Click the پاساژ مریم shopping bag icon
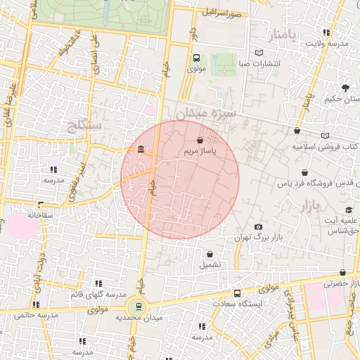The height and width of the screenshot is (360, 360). pos(200,140)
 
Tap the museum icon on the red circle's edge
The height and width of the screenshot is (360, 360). pos(141,150)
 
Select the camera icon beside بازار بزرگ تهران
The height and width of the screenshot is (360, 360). pos(258,226)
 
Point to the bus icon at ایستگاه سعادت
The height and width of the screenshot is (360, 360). pos(237,293)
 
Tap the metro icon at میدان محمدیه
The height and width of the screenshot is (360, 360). pos(139,307)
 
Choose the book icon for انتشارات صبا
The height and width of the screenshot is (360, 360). pos(259,53)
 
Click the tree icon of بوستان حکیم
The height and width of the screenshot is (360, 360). pos(345,88)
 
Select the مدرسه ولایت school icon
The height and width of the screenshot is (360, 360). pos(326,32)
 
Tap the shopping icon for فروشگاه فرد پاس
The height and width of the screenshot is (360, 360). pos(304,172)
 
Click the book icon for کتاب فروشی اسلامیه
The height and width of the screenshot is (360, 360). pos(324,136)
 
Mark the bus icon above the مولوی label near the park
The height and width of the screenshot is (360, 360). pos(196,58)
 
